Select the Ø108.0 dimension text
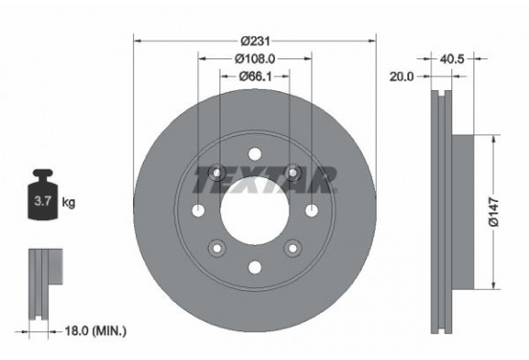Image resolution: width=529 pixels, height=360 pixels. [255, 57]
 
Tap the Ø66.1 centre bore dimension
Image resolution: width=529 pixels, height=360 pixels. [255, 76]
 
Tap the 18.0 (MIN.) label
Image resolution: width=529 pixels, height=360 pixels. [93, 330]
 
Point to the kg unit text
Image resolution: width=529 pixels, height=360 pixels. [69, 203]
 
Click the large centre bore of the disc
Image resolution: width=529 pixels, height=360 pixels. [255, 211]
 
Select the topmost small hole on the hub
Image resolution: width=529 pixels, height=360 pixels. [255, 154]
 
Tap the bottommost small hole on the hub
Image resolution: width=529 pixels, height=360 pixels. [255, 267]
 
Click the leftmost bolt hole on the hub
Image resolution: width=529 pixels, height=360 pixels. [198, 212]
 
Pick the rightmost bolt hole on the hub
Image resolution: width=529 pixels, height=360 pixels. [311, 212]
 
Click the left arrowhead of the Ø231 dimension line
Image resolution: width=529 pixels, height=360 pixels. [137, 40]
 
